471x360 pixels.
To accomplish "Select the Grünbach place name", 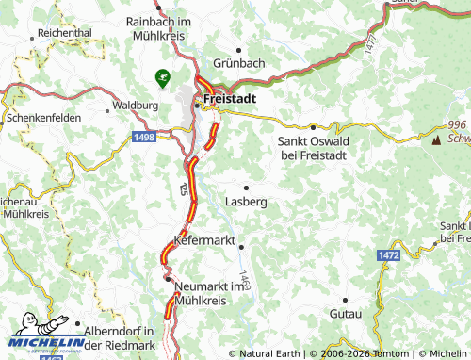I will tap(239, 63).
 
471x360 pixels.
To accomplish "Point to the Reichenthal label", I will tap(65, 31).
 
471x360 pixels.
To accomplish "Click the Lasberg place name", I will tap(247, 202).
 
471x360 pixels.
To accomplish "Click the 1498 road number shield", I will tap(144, 138).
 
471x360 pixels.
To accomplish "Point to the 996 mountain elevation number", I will tap(458, 125).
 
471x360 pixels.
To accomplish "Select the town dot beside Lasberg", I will tap(247, 188).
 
